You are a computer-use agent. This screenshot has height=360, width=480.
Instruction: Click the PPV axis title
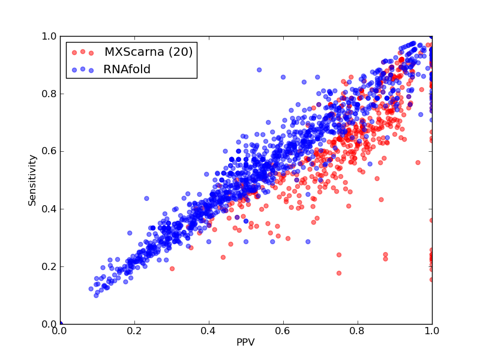245,342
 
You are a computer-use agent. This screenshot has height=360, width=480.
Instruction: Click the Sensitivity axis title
32,181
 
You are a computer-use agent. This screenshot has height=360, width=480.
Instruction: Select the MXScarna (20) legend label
148,52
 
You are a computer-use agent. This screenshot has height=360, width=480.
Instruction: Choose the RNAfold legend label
127,69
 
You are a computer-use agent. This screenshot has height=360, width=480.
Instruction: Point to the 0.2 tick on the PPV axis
134,331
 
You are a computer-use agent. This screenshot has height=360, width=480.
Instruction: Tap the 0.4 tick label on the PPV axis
209,331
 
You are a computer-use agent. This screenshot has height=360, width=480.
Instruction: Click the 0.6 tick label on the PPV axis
283,331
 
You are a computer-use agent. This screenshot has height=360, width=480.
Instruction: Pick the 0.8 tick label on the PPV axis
358,331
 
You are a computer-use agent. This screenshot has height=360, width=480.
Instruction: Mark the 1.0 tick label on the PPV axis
432,331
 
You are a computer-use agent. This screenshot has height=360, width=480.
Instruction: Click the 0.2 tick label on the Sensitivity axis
49,266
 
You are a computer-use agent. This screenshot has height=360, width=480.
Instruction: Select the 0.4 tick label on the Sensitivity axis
49,209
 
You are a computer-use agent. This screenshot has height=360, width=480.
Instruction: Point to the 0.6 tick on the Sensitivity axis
49,152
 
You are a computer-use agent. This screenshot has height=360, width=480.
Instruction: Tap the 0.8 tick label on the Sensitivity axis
49,94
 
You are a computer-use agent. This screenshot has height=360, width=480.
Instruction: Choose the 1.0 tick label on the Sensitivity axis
49,36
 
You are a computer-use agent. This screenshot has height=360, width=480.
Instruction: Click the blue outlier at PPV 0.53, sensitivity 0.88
259,70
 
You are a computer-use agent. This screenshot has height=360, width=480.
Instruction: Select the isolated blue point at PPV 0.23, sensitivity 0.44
146,199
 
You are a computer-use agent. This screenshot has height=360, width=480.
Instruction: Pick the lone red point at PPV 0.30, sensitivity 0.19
172,269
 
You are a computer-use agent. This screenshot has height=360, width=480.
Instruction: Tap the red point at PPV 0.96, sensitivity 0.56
418,163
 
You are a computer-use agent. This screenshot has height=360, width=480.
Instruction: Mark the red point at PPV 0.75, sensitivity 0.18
339,273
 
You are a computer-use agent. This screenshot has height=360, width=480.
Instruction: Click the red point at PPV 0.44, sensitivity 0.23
223,257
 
